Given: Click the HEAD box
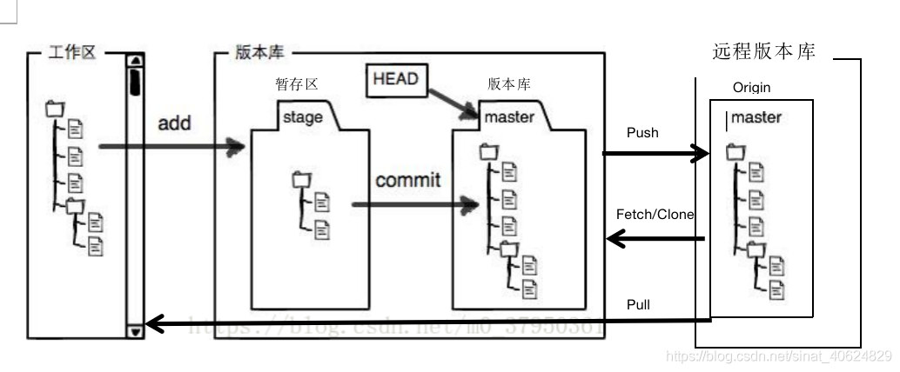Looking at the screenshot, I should coord(395,80).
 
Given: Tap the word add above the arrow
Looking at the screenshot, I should coord(174,123).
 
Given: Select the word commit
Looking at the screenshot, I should coord(408,181).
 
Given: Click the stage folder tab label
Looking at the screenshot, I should coord(303,117).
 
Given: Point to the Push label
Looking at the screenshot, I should coord(642,133).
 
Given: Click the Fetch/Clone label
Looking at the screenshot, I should coord(655,214).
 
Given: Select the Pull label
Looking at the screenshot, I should coord(638,305).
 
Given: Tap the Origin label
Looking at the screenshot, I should coord(751,88).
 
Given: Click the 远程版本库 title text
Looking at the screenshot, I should coord(763,52).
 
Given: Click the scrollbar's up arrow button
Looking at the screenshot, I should coord(135,61).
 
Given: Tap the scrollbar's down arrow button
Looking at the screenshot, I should coord(135,331).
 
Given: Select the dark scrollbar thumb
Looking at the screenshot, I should coord(135,82).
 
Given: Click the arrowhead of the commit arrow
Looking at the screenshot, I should coord(472,205).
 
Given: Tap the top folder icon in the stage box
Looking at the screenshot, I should coord(301,180).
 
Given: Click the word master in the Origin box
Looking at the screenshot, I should coord(756,117).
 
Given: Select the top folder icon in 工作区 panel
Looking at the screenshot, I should coord(54,109).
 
